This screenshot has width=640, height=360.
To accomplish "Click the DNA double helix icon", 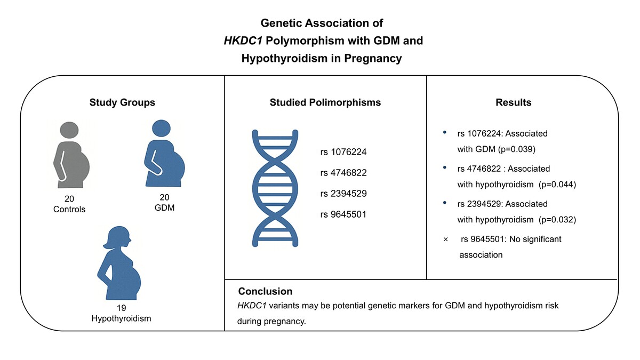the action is [x=275, y=188].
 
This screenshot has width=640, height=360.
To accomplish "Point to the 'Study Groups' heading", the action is [x=122, y=102].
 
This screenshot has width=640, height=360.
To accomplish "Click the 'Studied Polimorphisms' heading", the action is [x=325, y=102].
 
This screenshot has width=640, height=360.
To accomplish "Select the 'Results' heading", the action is [x=514, y=102].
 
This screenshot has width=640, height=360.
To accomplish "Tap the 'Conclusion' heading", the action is [x=265, y=291].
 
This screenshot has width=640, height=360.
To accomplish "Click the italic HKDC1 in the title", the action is [x=243, y=41].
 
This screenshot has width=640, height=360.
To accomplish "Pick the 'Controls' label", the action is [x=69, y=209].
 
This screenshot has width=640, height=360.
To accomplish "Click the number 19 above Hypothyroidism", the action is [x=121, y=308].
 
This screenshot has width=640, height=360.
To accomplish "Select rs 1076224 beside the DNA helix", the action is [x=343, y=151].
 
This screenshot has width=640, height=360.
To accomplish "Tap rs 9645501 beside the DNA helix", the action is [x=343, y=214].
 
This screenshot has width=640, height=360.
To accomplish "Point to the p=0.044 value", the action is [x=557, y=185].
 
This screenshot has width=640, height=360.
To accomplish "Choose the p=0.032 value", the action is [x=557, y=219].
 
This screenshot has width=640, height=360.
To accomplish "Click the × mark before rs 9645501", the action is [x=445, y=239].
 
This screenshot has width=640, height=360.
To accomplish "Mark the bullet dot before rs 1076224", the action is [x=445, y=132].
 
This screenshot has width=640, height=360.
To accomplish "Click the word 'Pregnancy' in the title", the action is [x=373, y=58].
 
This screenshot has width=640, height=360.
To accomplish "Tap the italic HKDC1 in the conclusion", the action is [x=252, y=306].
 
